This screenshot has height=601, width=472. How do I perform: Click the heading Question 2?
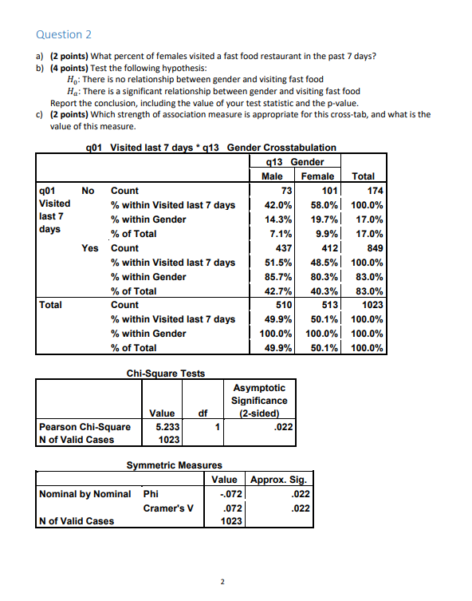tap(64, 34)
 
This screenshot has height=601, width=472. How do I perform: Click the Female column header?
tap(319, 176)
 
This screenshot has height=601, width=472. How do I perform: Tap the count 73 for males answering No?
tap(288, 191)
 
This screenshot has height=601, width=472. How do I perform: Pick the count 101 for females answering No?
tap(330, 191)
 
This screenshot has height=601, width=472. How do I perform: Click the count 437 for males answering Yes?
tap(285, 248)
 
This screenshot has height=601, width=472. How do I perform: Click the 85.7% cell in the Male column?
tap(279, 277)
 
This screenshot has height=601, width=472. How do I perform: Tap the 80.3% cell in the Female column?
tap(324, 277)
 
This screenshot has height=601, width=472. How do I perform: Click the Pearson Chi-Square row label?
tap(85, 427)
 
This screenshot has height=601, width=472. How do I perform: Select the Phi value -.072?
tap(230, 494)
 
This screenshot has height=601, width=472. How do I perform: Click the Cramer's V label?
tap(167, 508)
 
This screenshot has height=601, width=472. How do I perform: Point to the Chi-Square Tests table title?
tap(165, 374)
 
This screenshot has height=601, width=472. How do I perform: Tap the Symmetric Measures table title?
tap(175, 465)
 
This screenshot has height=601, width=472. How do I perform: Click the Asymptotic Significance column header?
tap(258, 401)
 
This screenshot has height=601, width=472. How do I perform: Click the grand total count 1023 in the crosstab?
tap(373, 306)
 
